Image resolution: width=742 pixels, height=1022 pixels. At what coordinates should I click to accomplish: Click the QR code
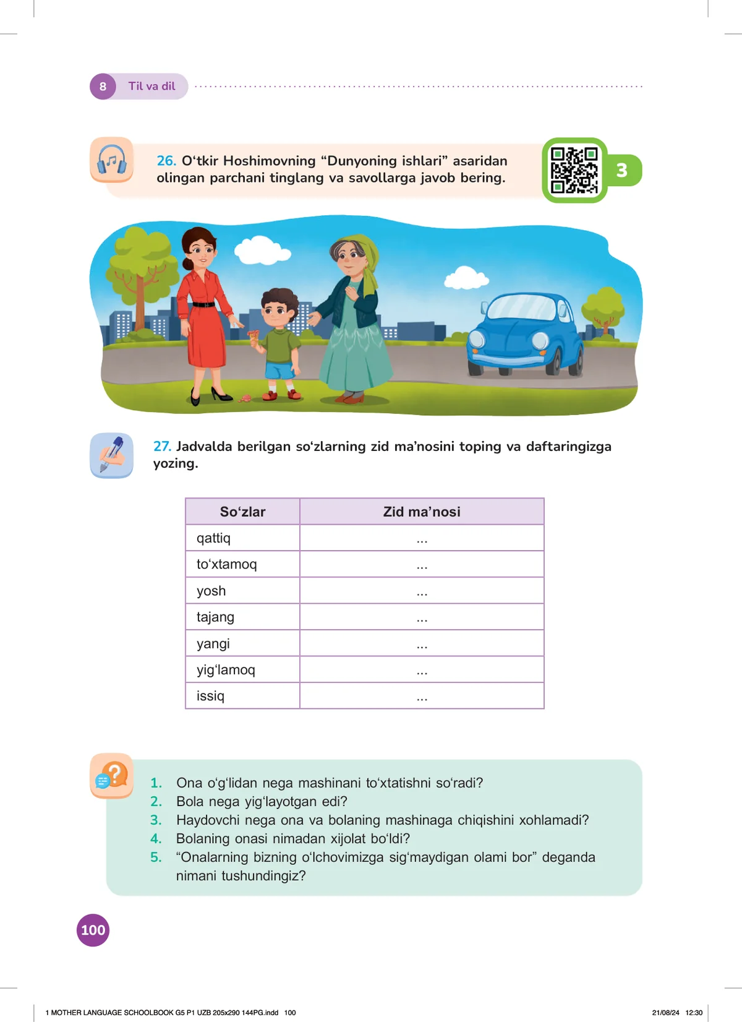(x=574, y=170)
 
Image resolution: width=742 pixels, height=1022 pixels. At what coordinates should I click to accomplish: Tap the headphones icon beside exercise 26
(x=112, y=160)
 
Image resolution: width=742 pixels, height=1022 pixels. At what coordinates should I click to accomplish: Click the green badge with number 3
(x=622, y=170)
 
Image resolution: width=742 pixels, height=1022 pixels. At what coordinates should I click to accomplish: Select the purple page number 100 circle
(x=93, y=930)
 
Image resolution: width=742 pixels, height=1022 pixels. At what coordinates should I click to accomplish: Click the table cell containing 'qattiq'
(x=242, y=538)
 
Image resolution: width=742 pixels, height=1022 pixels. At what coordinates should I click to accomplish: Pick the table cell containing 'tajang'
(x=242, y=617)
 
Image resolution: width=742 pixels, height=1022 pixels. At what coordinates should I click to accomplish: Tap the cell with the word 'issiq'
(x=242, y=696)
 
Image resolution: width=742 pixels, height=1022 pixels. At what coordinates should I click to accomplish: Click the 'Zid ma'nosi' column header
(x=422, y=512)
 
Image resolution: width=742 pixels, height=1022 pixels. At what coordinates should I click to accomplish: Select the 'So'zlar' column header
(x=242, y=512)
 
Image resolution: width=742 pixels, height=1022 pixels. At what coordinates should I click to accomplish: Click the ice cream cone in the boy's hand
(x=254, y=338)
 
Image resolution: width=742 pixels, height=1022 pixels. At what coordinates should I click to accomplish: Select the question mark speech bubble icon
(x=112, y=776)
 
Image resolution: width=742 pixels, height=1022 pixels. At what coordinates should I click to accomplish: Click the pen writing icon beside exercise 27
(x=112, y=455)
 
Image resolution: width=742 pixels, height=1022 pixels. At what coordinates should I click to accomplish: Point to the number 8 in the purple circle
(x=103, y=87)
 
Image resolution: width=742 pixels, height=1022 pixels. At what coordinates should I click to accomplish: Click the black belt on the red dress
(x=203, y=304)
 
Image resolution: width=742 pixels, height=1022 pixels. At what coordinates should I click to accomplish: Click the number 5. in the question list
(x=156, y=857)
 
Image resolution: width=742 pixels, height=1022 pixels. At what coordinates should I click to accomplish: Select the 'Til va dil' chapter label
(x=152, y=87)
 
